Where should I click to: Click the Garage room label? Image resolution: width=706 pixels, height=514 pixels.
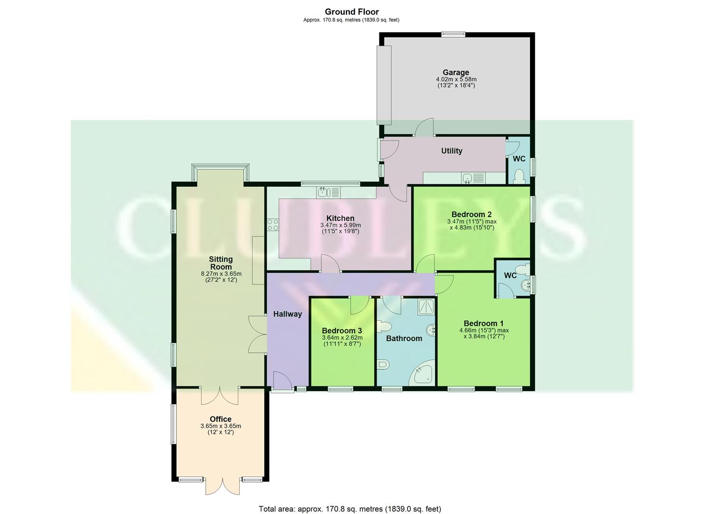coord(455,73)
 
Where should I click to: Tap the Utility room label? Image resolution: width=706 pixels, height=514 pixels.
coord(451,151)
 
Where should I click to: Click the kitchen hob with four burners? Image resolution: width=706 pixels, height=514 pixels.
coord(273,225)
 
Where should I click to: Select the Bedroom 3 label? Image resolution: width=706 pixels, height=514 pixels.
coord(341,331)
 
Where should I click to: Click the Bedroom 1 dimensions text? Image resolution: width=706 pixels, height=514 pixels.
coord(484,333)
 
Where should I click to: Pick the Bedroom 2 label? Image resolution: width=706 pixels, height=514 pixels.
coord(471,214)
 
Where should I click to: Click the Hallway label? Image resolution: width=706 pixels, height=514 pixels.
coord(287,314)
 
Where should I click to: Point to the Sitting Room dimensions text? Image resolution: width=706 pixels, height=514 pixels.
coord(221,277)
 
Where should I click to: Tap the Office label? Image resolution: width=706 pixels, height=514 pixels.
coord(221,419)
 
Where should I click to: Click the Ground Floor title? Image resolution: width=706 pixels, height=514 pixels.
coord(352,12)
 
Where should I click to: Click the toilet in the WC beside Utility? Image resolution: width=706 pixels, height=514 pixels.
coord(519,177)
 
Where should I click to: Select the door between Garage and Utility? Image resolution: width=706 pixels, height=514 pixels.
coord(423,128)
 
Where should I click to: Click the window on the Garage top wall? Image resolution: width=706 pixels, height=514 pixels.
coord(453,34)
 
